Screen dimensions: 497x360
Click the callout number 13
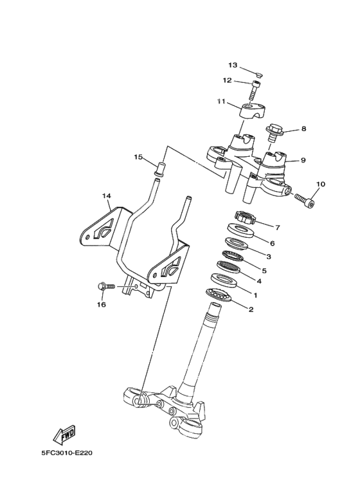coord(232,66)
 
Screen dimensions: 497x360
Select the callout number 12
coord(227,80)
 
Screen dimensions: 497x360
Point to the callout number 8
coord(303,129)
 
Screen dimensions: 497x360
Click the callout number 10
coord(321,185)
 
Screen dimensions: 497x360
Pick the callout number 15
coord(138,157)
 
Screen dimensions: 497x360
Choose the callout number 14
coord(107,195)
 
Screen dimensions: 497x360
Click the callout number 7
coord(277,228)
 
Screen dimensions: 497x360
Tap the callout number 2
coord(251,309)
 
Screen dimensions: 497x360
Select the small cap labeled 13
coord(256,74)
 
